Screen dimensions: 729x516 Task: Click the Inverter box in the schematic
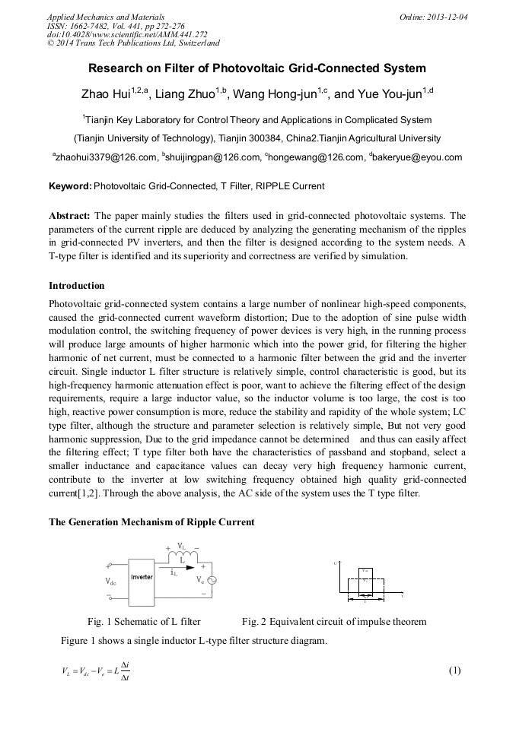click(142, 577)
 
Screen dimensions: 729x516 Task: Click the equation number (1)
click(455, 670)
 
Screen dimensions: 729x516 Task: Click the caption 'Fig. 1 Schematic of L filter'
click(144, 621)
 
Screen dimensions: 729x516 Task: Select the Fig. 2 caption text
click(334, 621)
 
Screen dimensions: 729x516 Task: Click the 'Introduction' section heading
click(77, 286)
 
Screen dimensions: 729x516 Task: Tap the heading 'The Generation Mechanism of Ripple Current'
click(151, 522)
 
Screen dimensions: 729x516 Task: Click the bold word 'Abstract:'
click(69, 215)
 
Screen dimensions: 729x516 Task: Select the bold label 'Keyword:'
click(70, 186)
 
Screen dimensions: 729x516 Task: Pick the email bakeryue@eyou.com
click(419, 157)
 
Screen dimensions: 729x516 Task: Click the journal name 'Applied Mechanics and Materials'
click(106, 17)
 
